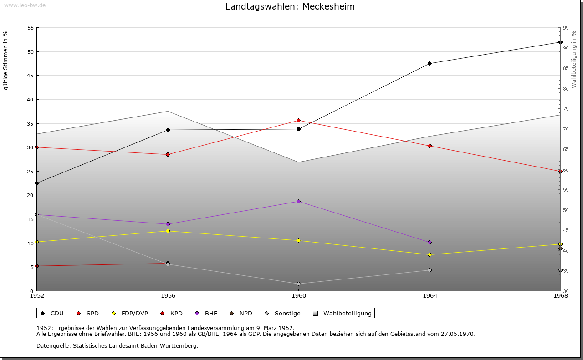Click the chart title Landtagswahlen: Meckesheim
tap(290, 7)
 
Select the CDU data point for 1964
tap(430, 63)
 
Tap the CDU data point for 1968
tap(560, 42)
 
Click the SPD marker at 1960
tap(298, 120)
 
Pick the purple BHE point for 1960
tap(298, 201)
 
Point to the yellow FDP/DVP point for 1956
tap(168, 231)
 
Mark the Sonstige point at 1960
tap(298, 284)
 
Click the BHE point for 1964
tap(430, 242)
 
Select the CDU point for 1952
tap(36, 183)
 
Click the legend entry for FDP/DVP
tap(130, 313)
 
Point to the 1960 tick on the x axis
tap(298, 296)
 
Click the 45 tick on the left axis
tap(31, 76)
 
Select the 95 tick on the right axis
tap(565, 28)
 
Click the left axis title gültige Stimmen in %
tap(6, 60)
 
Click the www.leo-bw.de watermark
tap(25, 5)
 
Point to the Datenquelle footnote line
tap(117, 345)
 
